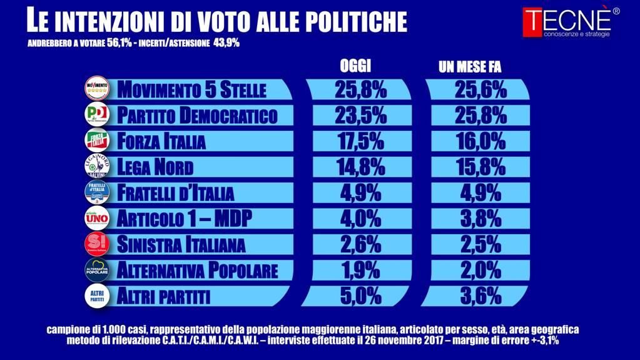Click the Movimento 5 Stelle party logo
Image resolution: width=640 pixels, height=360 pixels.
(x=97, y=89)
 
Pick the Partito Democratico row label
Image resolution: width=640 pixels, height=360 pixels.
(x=197, y=115)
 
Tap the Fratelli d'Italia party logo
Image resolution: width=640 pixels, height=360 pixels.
(x=97, y=192)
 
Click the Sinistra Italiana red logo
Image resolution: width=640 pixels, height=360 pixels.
(x=97, y=244)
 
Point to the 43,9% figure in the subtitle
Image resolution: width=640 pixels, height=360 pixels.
(x=226, y=43)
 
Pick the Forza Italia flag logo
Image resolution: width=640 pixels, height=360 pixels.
(x=97, y=141)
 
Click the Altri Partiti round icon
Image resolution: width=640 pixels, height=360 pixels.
(x=97, y=295)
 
